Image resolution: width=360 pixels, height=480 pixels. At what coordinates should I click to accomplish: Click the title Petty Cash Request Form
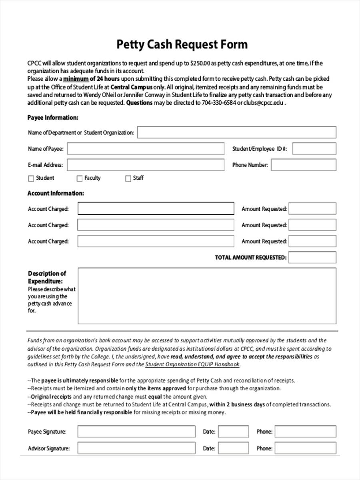pyautogui.click(x=182, y=44)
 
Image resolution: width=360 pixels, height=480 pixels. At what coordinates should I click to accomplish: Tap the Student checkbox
pyautogui.click(x=31, y=178)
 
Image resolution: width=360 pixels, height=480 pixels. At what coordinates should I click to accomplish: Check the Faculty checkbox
pyautogui.click(x=80, y=178)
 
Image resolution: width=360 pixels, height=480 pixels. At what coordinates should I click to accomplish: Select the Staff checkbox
pyautogui.click(x=128, y=178)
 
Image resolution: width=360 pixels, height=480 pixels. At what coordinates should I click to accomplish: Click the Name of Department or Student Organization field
pyautogui.click(x=237, y=132)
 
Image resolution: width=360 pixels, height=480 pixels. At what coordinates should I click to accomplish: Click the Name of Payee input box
pyautogui.click(x=146, y=149)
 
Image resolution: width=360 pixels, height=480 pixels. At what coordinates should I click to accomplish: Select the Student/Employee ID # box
pyautogui.click(x=314, y=149)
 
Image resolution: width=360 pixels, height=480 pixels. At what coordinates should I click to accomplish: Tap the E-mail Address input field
pyautogui.click(x=146, y=165)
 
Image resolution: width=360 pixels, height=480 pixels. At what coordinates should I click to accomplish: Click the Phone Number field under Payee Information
pyautogui.click(x=304, y=165)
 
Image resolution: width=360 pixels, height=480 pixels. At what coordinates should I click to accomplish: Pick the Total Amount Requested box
pyautogui.click(x=312, y=258)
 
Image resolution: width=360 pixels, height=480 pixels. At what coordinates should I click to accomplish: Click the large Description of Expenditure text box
pyautogui.click(x=207, y=296)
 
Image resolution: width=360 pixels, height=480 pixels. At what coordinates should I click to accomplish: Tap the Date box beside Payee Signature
pyautogui.click(x=233, y=432)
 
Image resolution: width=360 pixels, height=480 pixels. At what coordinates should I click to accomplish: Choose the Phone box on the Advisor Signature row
pyautogui.click(x=305, y=448)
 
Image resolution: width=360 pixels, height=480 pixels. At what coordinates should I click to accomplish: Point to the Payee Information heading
pyautogui.click(x=53, y=118)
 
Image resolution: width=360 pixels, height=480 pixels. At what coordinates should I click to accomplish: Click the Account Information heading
pyautogui.click(x=56, y=193)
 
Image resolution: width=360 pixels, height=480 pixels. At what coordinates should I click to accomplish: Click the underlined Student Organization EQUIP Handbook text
pyautogui.click(x=192, y=364)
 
